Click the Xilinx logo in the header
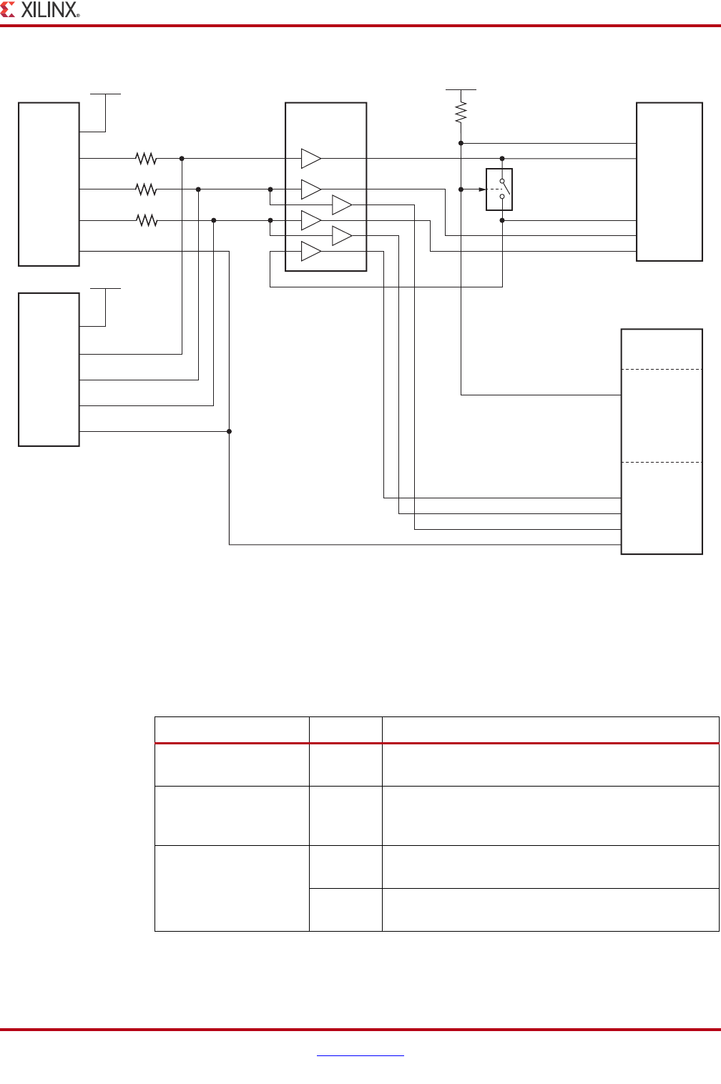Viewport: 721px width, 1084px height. (40, 10)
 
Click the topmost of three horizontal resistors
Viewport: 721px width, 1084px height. (146, 158)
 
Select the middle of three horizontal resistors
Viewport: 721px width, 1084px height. (146, 189)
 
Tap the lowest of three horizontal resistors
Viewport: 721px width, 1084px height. (146, 221)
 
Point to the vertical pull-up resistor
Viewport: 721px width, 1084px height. (461, 112)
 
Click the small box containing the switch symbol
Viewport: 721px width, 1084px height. (499, 189)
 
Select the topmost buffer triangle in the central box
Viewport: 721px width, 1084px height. (310, 158)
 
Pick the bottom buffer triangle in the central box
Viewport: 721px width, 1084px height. (310, 252)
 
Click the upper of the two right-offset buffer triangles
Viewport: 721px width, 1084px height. (341, 205)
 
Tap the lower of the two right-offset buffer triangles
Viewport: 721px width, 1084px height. (341, 236)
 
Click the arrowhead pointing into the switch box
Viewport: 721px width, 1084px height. (481, 189)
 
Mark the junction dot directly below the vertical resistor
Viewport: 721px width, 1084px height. (461, 143)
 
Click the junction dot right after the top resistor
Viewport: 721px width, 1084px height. (182, 158)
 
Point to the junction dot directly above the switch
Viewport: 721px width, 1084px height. (502, 158)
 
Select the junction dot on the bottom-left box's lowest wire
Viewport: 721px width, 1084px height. (229, 431)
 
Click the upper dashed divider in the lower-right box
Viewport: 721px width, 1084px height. (662, 369)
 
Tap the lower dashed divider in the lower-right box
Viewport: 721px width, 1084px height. (662, 462)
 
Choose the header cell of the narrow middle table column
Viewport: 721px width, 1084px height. (345, 730)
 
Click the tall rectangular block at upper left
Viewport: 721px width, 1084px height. (49, 184)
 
